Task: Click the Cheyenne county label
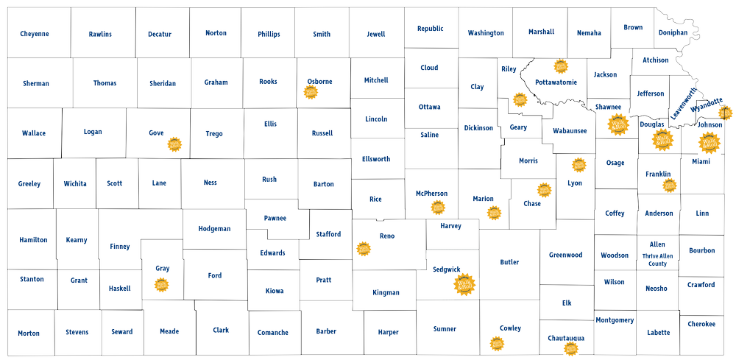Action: click(x=35, y=34)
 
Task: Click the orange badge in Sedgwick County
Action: click(x=464, y=285)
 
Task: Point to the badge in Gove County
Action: click(x=174, y=144)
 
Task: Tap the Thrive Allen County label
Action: click(x=657, y=260)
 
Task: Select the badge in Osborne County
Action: click(x=311, y=93)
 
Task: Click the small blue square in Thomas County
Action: click(x=132, y=99)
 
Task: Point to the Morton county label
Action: click(x=29, y=333)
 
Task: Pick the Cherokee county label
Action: click(x=701, y=324)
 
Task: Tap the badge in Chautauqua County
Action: click(x=570, y=348)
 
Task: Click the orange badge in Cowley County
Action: click(x=498, y=343)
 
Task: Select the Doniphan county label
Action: click(x=673, y=32)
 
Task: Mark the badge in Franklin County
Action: click(x=669, y=185)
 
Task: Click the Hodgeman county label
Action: click(x=215, y=229)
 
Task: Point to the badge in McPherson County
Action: click(x=439, y=207)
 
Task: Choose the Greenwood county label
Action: click(x=565, y=255)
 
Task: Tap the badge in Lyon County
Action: click(x=579, y=165)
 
